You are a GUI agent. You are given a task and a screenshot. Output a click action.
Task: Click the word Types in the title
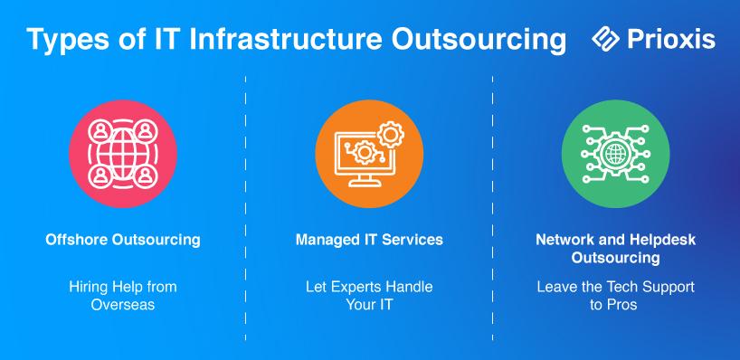pos(67,40)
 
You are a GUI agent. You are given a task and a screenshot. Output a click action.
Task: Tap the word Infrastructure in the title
pos(285,39)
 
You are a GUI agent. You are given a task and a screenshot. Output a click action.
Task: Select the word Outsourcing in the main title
pos(479,40)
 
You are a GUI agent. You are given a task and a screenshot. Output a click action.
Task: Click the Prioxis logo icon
pos(605,39)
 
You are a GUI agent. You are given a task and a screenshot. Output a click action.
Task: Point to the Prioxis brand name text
pos(671,39)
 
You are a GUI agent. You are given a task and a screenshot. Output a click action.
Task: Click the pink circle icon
pos(123,154)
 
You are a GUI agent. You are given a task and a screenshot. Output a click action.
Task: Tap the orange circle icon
pos(369,154)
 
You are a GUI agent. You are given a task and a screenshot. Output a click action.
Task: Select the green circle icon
pos(615,154)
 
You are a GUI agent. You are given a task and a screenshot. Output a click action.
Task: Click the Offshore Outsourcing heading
pos(123,240)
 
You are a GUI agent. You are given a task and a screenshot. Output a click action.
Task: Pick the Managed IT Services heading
pos(369,240)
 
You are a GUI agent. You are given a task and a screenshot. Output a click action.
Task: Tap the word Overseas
pos(123,305)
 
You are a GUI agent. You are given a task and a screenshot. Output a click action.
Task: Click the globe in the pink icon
pos(123,154)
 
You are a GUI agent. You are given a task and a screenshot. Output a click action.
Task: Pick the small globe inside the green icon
pos(615,154)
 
